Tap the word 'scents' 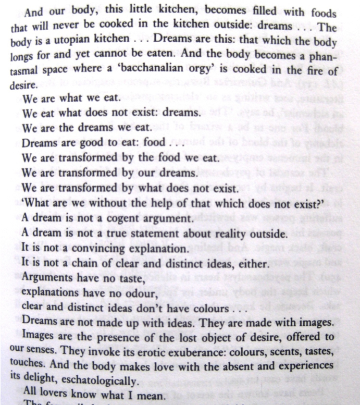click(x=281, y=350)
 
